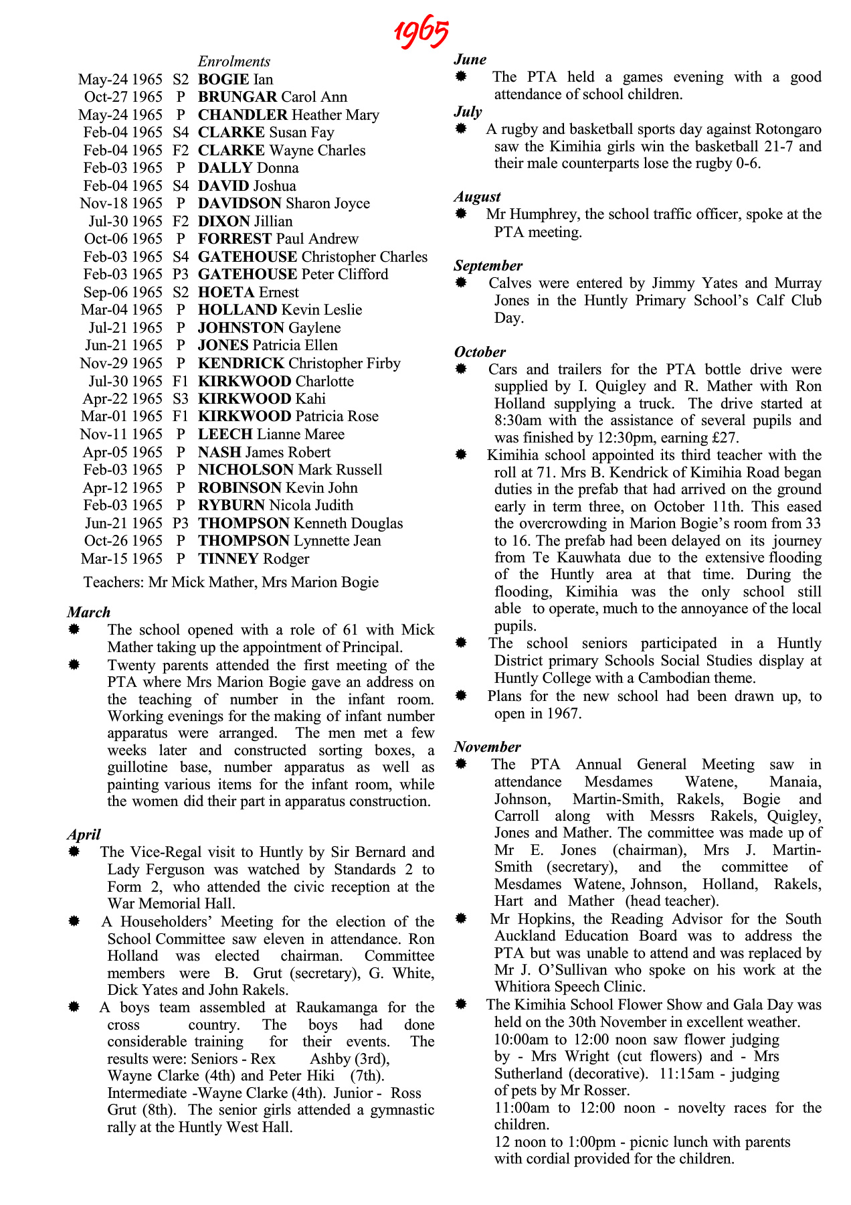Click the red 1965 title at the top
point(421,31)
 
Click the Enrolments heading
point(234,62)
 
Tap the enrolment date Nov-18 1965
point(121,204)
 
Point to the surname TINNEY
point(228,559)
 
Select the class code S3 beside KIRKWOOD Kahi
point(181,399)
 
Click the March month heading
point(88,613)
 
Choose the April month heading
point(84,835)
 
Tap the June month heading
point(470,60)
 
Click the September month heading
point(488,266)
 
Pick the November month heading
point(487,747)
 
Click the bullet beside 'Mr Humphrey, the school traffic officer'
point(461,214)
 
